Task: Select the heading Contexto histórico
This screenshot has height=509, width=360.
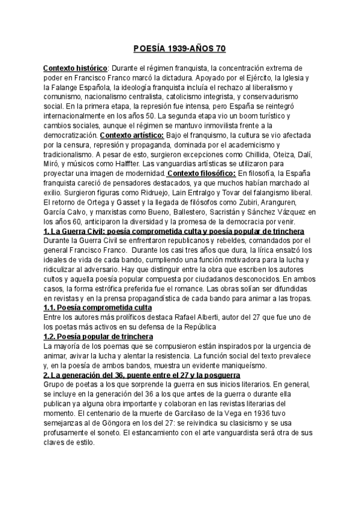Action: [75, 68]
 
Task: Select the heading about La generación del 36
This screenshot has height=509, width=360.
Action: [129, 375]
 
